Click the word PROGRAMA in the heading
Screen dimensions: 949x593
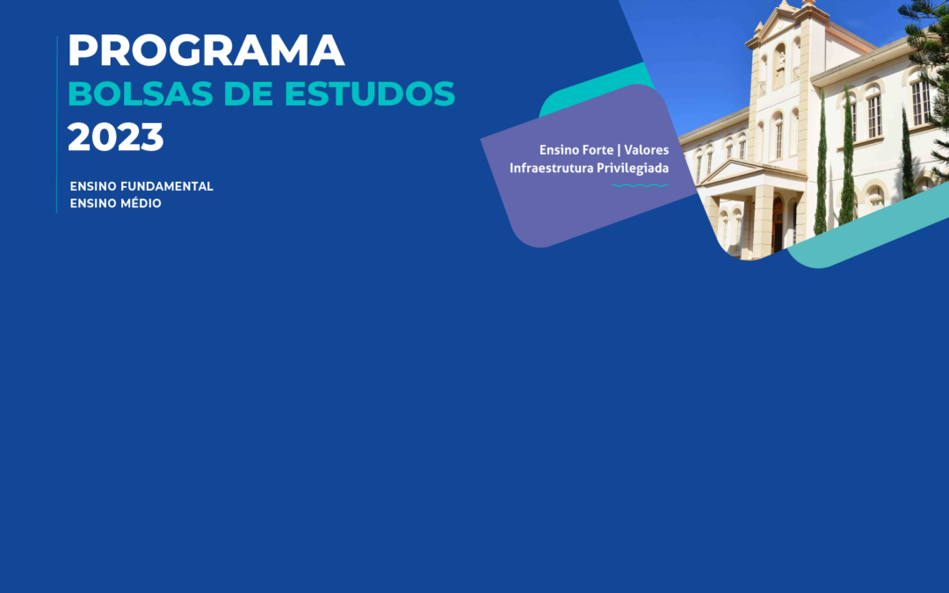point(206,50)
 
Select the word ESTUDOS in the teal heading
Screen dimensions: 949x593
point(369,94)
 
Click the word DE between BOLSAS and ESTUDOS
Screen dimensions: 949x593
point(249,94)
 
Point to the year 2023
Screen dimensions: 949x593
point(116,137)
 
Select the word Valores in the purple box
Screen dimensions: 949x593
point(647,149)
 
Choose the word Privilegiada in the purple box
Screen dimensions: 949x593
point(632,168)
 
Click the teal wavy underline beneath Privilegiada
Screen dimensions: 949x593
point(640,185)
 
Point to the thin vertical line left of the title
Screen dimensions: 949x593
point(57,124)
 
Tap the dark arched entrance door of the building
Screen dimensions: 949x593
point(777,225)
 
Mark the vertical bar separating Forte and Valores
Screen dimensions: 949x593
point(619,150)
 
